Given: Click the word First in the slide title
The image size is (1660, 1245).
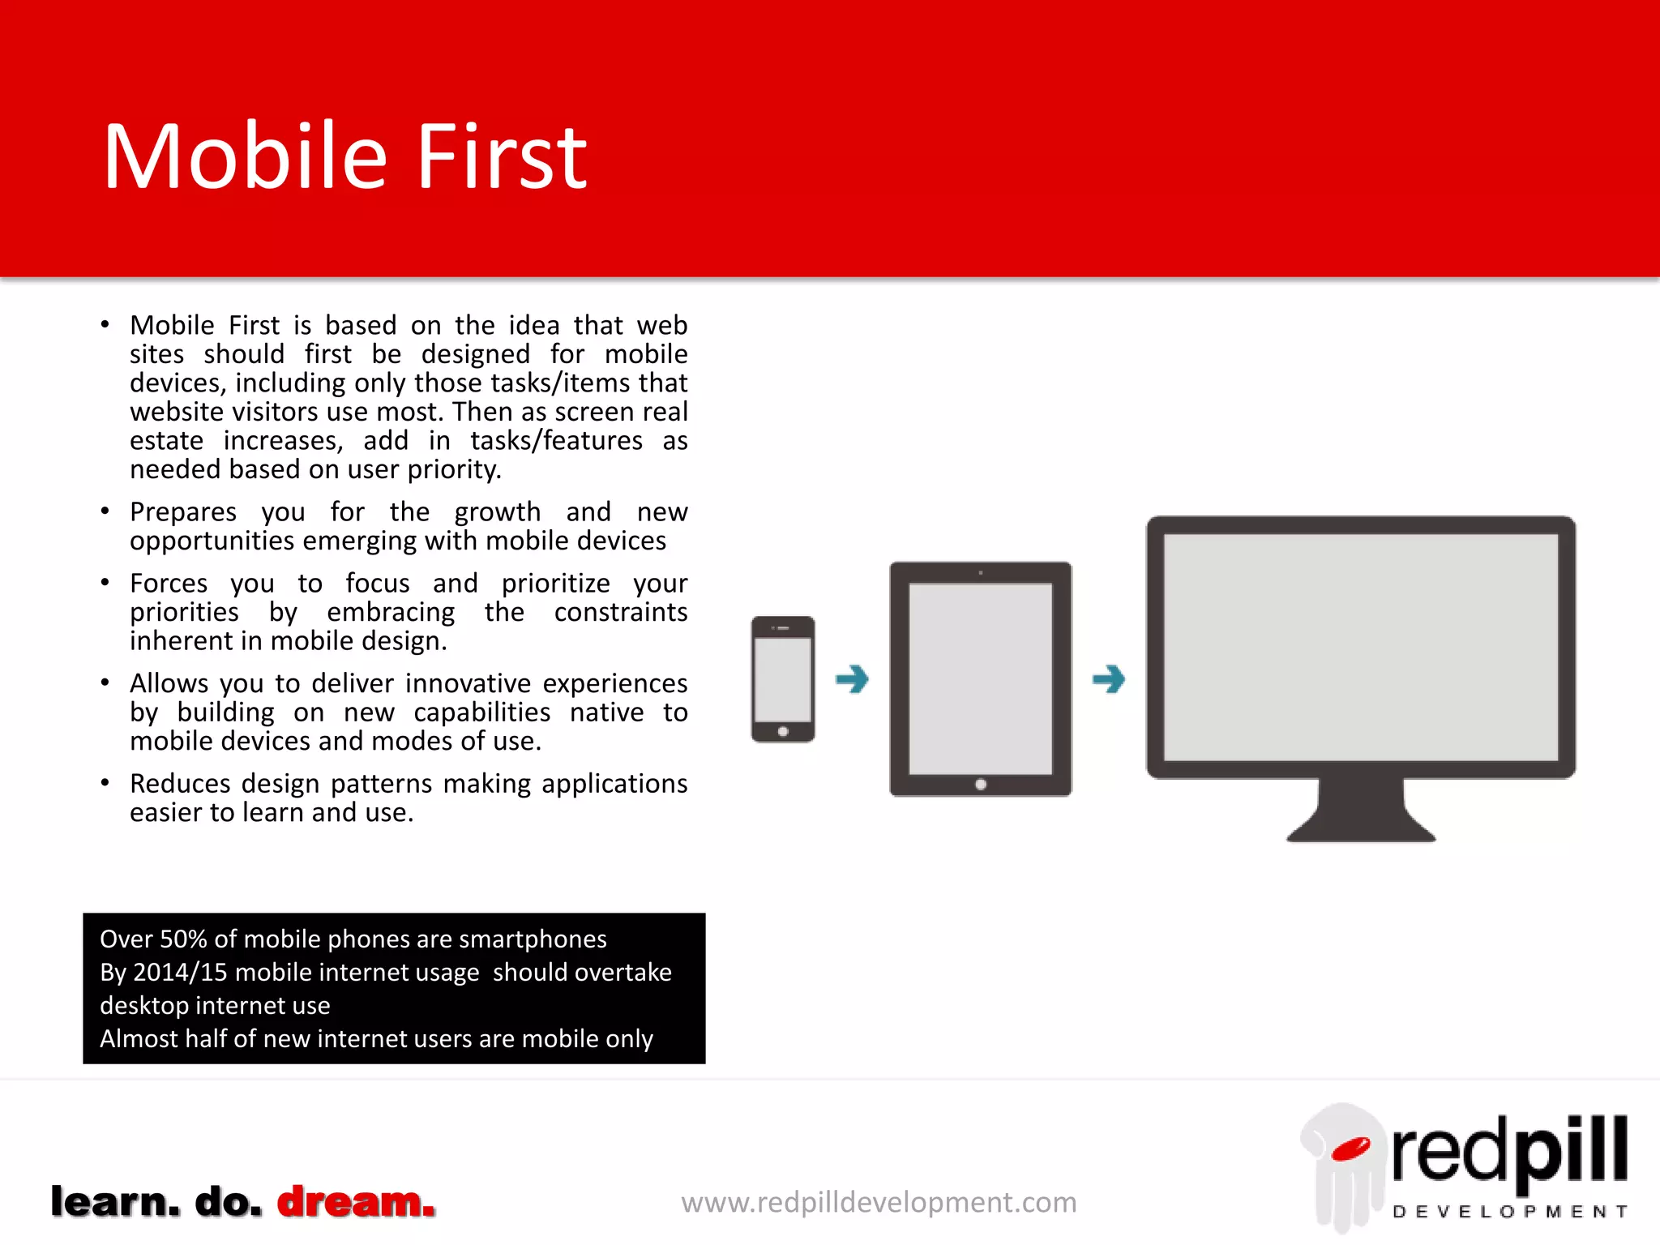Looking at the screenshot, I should click(x=502, y=157).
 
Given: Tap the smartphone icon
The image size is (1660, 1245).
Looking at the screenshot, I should click(x=783, y=678).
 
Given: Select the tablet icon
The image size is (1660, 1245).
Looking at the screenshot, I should click(x=980, y=678).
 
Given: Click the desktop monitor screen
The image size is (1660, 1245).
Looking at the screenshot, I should click(x=1360, y=647).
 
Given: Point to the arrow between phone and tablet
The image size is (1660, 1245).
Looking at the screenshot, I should click(x=852, y=678).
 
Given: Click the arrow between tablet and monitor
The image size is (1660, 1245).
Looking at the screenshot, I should click(x=1109, y=678).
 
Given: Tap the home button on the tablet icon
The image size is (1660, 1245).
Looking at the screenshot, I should click(x=981, y=784).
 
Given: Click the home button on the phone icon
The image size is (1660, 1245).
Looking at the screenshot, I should click(x=783, y=731).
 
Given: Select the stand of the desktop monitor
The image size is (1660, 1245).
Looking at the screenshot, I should click(x=1361, y=811).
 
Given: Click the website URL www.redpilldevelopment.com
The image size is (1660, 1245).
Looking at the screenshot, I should click(x=879, y=1202).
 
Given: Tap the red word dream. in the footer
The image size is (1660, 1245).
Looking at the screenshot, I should click(x=356, y=1201).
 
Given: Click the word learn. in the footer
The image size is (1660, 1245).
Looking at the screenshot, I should click(x=115, y=1201).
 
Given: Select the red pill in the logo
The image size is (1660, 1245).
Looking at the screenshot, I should click(x=1350, y=1149).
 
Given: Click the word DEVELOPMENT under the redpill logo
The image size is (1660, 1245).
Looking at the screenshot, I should click(x=1509, y=1212).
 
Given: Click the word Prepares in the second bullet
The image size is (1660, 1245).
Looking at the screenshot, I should click(x=183, y=512).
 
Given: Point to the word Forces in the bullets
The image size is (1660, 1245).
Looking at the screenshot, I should click(x=169, y=584).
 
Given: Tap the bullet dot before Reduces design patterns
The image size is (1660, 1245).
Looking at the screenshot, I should click(x=105, y=783).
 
